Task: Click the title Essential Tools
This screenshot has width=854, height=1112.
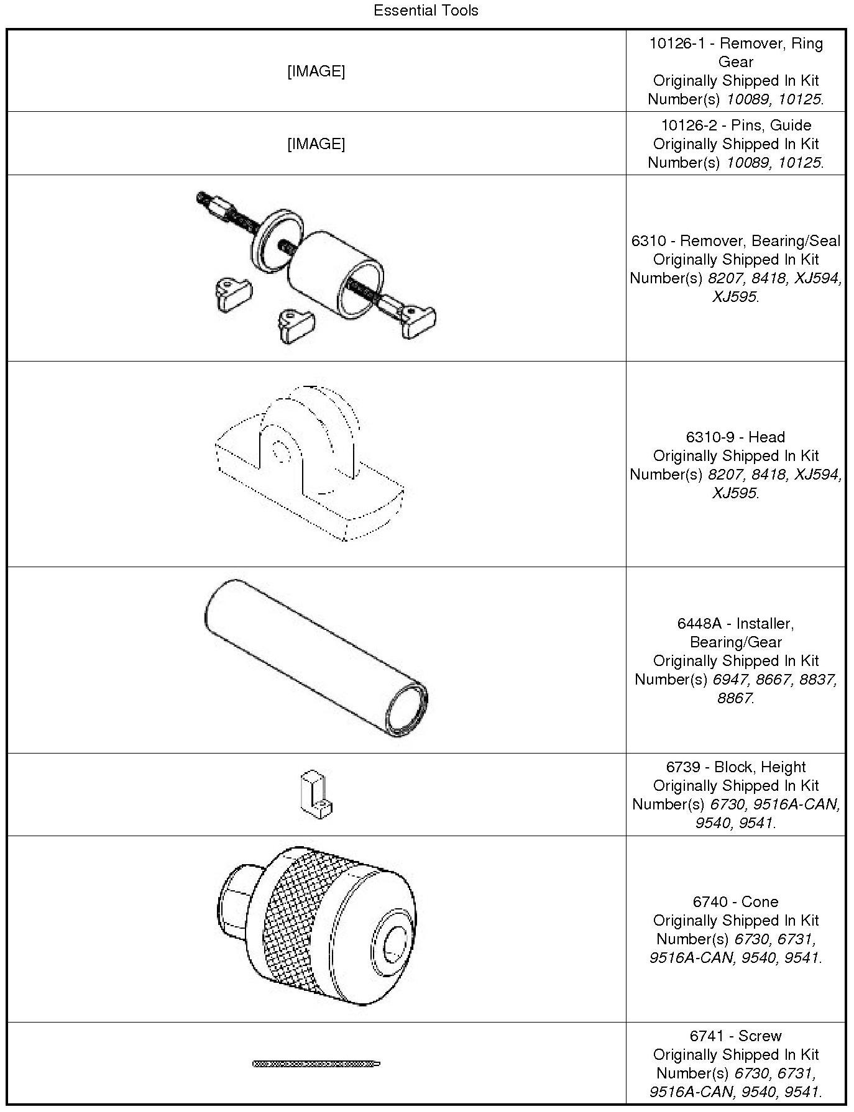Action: pos(426,11)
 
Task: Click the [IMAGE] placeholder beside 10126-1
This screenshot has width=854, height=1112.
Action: pos(316,71)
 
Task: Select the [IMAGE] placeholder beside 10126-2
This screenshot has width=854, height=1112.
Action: pos(316,144)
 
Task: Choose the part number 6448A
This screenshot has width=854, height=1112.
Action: pos(699,624)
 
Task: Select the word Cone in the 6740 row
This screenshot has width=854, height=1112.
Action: pos(760,902)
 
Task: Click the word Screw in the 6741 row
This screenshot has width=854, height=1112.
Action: pos(760,1036)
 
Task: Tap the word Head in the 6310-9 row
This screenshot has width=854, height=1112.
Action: pos(767,437)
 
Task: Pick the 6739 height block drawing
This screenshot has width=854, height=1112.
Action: pos(316,795)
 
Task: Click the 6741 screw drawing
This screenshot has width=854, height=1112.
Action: pos(316,1064)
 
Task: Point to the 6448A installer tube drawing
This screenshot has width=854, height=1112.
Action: pos(316,659)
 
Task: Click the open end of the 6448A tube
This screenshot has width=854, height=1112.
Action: pos(406,708)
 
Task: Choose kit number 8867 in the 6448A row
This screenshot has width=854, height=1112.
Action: pos(734,698)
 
